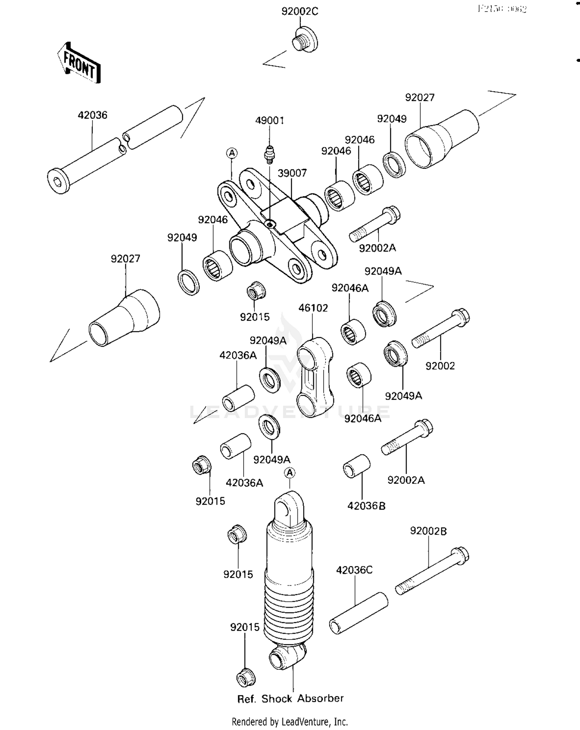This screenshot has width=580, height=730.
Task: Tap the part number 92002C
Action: tap(300, 12)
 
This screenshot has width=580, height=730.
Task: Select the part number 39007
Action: tap(292, 173)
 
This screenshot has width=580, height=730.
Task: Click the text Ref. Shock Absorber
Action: tap(290, 699)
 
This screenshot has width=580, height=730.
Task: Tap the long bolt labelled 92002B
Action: tap(432, 571)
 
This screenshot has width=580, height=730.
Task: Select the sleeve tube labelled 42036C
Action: tap(358, 613)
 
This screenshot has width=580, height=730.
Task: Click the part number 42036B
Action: tap(366, 506)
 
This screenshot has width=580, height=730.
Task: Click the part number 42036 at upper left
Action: tap(92, 115)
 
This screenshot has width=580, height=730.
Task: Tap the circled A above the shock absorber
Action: tap(290, 472)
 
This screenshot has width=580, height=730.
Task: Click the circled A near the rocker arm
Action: tap(232, 153)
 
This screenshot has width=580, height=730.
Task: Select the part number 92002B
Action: tap(428, 531)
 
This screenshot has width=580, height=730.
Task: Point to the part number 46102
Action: tap(313, 308)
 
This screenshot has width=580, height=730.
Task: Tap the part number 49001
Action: tap(270, 121)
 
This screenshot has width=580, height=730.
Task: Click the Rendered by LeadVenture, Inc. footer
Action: tap(290, 721)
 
